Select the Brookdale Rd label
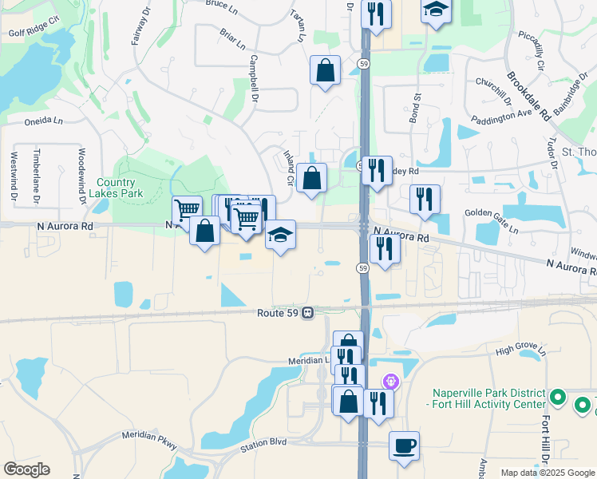(528, 96)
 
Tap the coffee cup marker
(405, 444)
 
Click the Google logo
(26, 469)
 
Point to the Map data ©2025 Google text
(548, 473)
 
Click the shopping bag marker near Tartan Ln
(326, 70)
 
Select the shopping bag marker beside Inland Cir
(312, 178)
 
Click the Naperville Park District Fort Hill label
(489, 398)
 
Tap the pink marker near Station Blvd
(390, 381)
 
